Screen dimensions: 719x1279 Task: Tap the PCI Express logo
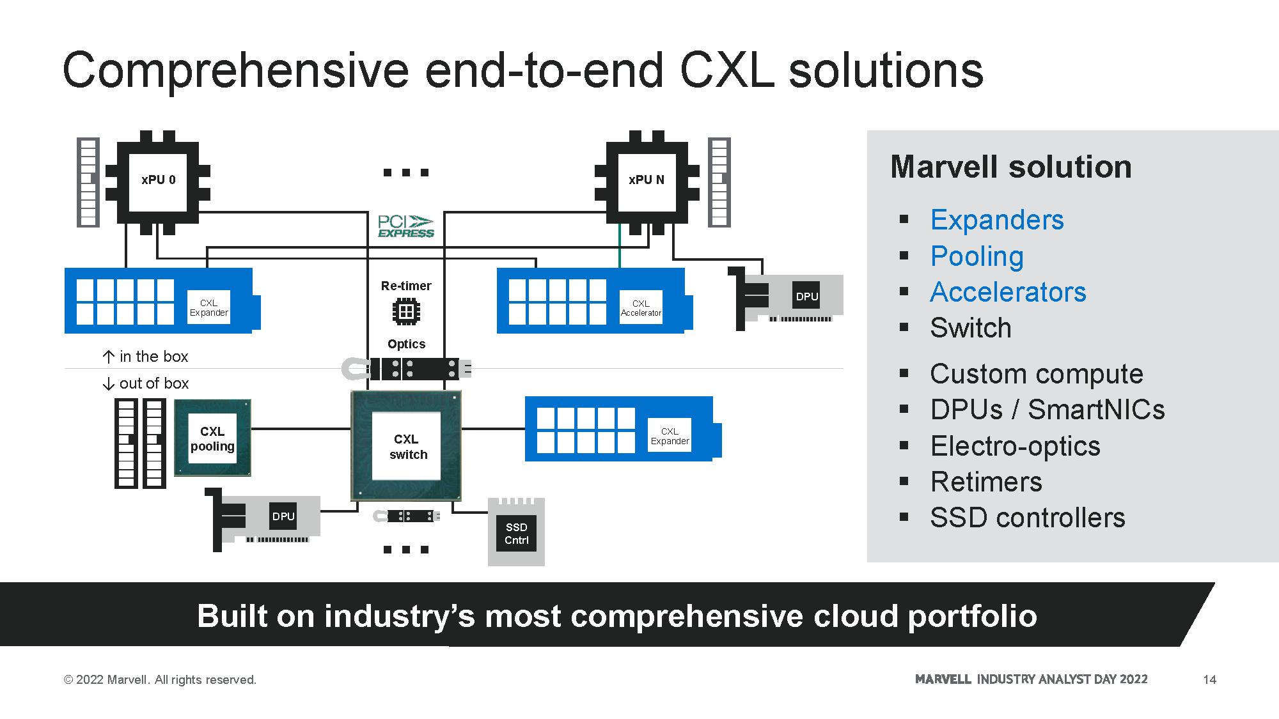(x=405, y=226)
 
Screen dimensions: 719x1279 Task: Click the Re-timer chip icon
(x=406, y=312)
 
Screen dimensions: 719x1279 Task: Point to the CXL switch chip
(x=406, y=446)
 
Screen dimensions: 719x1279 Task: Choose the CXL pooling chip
(x=212, y=438)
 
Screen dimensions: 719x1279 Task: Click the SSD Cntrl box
(x=516, y=533)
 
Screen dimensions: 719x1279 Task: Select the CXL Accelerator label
(x=641, y=308)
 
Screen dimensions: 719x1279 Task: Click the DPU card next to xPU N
(x=793, y=297)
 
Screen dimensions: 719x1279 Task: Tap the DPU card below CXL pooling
(x=269, y=516)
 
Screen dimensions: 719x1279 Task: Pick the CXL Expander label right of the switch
(x=670, y=436)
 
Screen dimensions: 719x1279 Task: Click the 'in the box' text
(x=153, y=357)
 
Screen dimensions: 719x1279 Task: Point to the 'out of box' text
(x=154, y=383)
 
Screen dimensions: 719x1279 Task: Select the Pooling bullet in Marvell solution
(x=977, y=256)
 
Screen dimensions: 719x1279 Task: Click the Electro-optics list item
(x=1015, y=446)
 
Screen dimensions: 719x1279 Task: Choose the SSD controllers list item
(x=1027, y=518)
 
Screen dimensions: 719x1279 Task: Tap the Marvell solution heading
(x=1010, y=167)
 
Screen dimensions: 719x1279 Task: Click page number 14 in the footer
(x=1209, y=679)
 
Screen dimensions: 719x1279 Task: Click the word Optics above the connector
(x=406, y=344)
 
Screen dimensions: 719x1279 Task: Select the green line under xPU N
(x=620, y=246)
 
